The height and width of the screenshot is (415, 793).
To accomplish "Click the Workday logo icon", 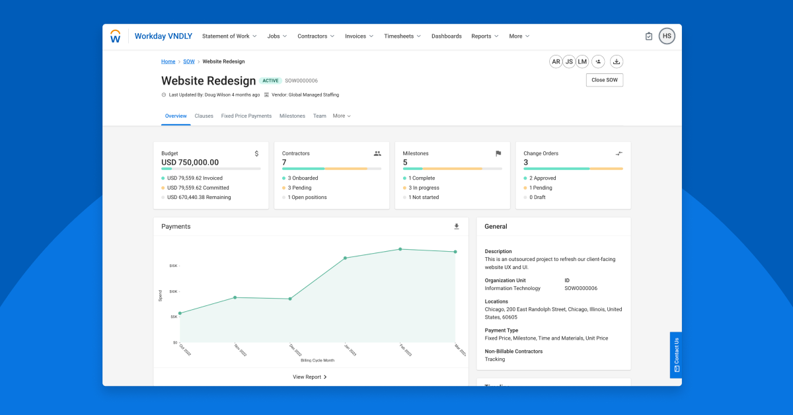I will [x=115, y=36].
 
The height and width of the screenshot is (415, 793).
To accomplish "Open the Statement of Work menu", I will [x=229, y=36].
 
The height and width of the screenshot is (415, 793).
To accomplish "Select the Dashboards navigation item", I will [x=447, y=36].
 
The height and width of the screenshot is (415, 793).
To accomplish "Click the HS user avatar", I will [x=667, y=36].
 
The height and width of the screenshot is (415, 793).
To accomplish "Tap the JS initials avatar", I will [x=569, y=61].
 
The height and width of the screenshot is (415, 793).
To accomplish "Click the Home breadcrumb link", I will [x=169, y=61].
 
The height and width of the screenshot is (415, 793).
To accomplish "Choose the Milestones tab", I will [x=292, y=116].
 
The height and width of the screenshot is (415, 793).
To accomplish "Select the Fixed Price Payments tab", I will [x=246, y=116].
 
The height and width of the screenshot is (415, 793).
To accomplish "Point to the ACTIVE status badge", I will [x=270, y=81].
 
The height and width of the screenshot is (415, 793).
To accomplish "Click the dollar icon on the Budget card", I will [x=257, y=153].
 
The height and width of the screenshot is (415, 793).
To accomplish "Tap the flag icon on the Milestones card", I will [x=498, y=153].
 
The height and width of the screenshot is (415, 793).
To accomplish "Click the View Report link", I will [x=310, y=377].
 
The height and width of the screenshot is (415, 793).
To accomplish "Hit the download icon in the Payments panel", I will [x=456, y=227].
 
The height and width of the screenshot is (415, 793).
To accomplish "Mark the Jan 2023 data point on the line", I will [x=345, y=258].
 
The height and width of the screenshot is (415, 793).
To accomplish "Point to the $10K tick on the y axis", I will [x=173, y=291].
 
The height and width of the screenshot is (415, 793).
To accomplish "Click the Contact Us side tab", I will [x=676, y=354].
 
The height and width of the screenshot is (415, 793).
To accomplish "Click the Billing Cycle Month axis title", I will [x=317, y=360].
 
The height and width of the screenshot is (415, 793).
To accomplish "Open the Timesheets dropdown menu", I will [x=402, y=36].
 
